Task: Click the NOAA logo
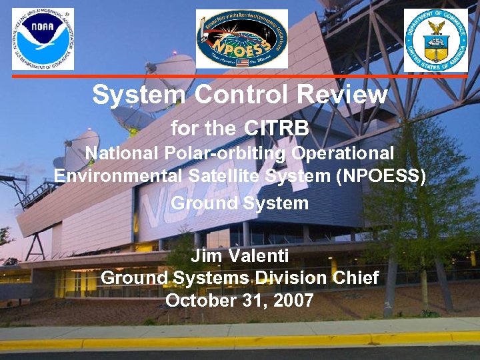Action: point(43,39)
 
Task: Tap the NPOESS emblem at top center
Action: point(241,39)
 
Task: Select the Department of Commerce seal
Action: point(436,39)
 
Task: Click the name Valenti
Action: point(261,255)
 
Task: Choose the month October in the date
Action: point(196,301)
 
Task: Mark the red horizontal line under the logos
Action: point(240,76)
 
